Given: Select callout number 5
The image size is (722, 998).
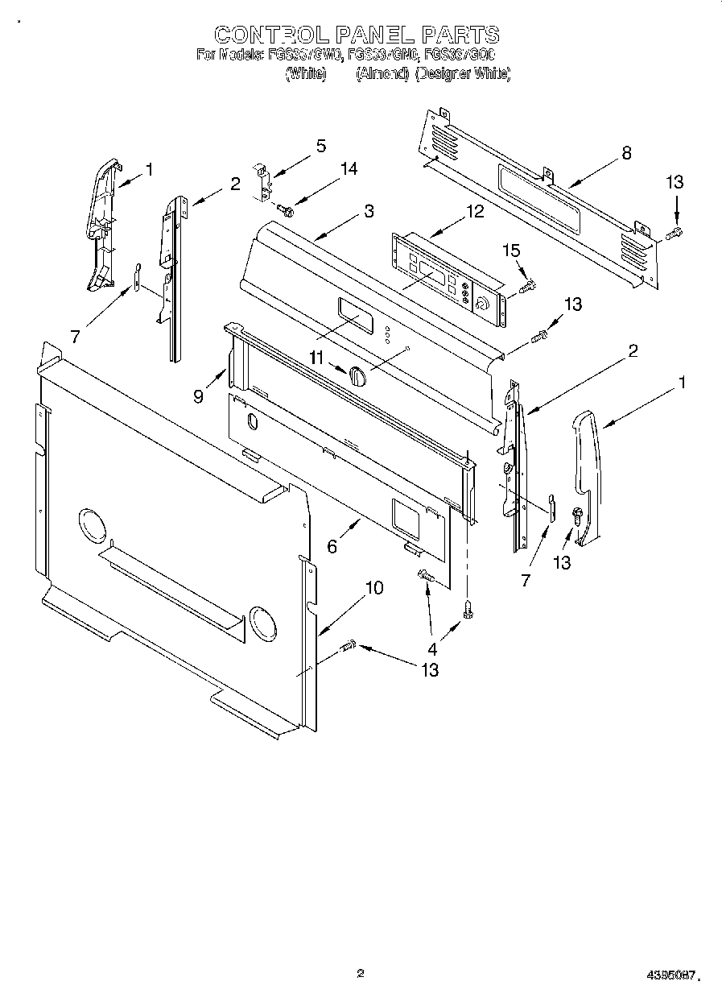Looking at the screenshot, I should [321, 146].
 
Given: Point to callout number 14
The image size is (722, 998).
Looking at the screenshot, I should [349, 169].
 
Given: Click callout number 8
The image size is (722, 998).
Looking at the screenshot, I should [626, 154].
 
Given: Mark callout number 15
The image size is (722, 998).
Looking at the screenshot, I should [512, 251].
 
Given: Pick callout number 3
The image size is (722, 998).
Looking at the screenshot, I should [369, 212].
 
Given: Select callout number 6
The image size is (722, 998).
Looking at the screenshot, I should [332, 546].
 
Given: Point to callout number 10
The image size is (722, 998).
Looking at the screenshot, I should [374, 588].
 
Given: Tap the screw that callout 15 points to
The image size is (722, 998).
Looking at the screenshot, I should [528, 286].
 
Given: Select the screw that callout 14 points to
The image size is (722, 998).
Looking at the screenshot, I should [285, 209].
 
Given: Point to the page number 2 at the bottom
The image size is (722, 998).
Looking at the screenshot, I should [361, 973].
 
